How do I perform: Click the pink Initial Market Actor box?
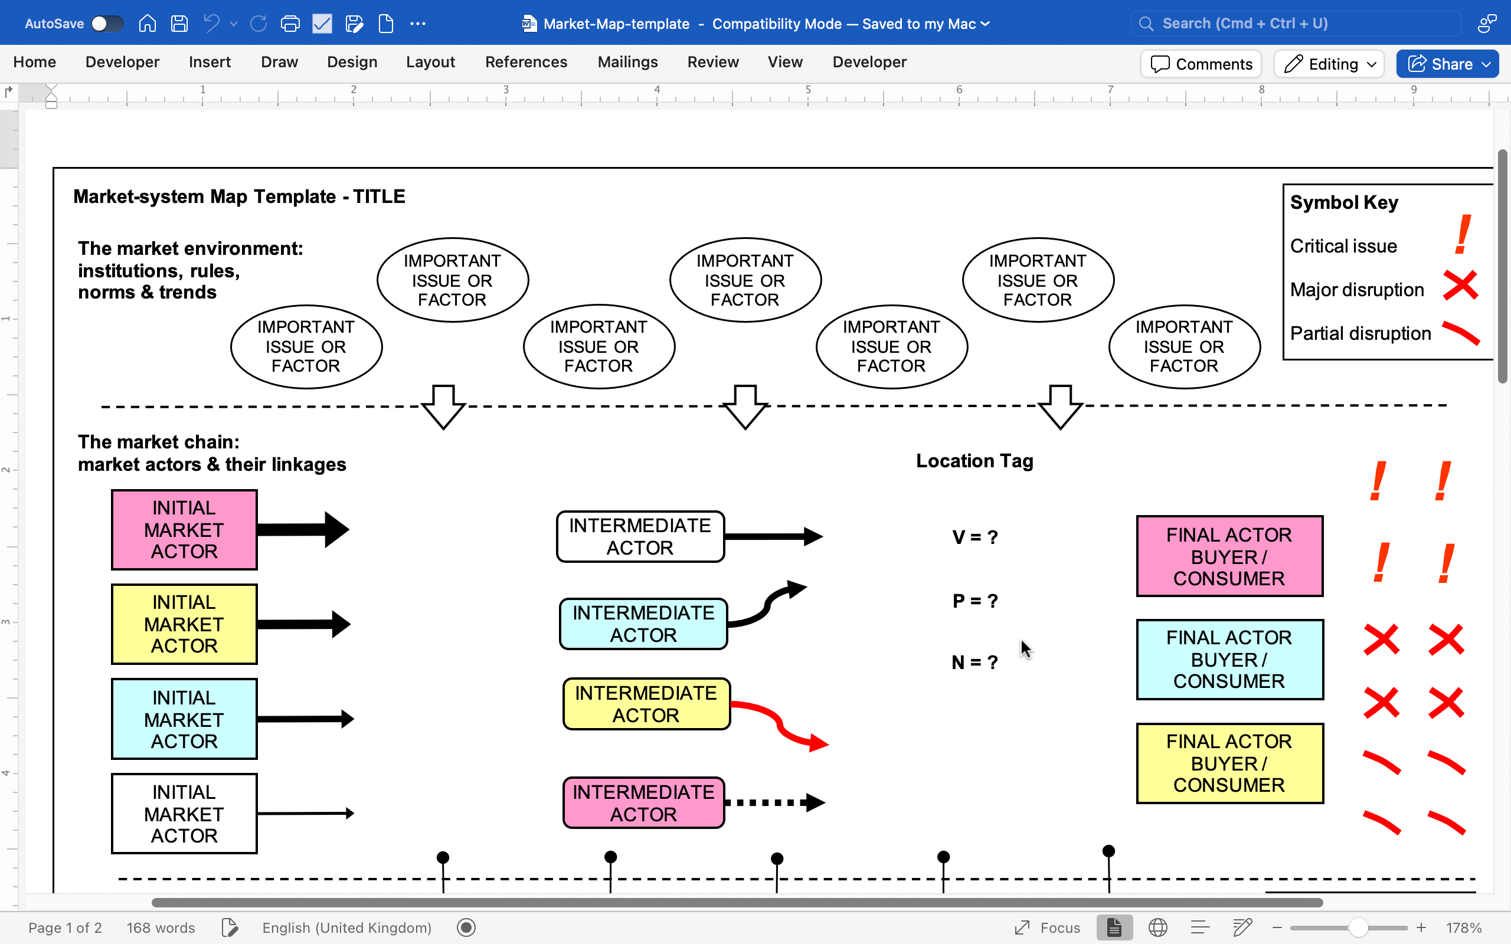pos(184,529)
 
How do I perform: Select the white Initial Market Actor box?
pos(184,814)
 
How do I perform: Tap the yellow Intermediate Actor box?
pos(646,704)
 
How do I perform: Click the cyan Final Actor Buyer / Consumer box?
pos(1229,659)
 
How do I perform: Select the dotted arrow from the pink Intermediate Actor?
pos(775,802)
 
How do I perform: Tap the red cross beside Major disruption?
pos(1460,286)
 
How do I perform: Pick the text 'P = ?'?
pos(975,601)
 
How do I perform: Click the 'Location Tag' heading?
pos(974,461)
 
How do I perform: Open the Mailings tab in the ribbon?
pos(627,62)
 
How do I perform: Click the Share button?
pos(1447,64)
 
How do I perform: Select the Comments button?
pos(1201,64)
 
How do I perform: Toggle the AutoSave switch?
pos(107,24)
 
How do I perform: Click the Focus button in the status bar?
pos(1047,927)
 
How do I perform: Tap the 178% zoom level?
pos(1464,927)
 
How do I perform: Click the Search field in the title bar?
pos(1296,24)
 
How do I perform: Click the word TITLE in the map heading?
pos(379,196)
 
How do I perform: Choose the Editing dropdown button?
pos(1329,64)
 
